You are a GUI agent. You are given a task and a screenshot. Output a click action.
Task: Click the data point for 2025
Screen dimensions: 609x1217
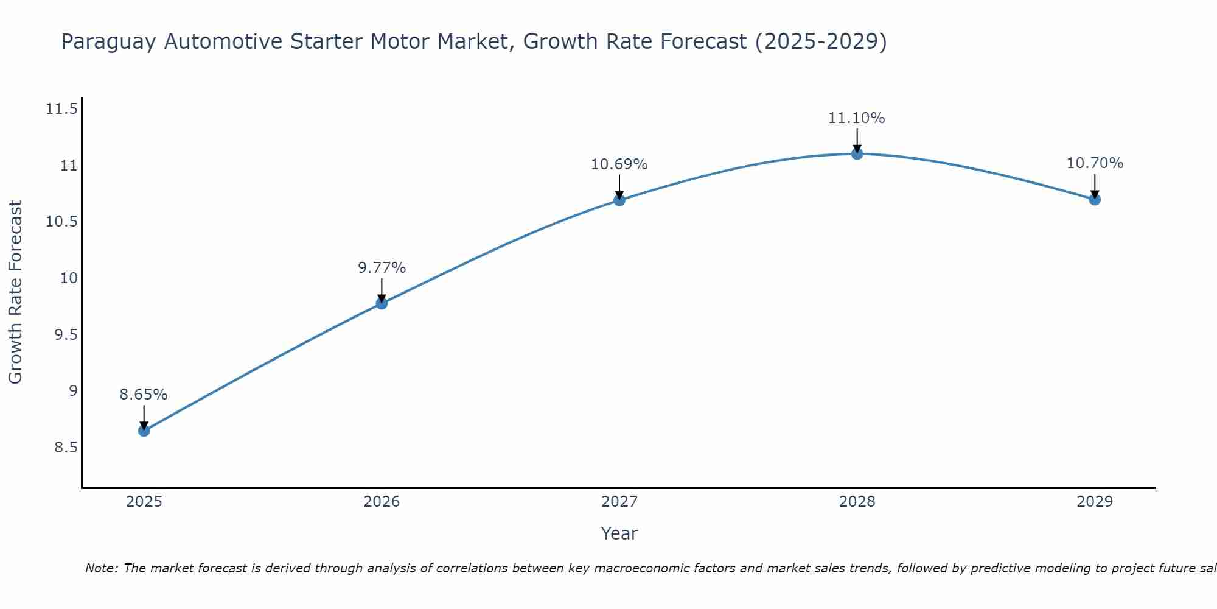(x=144, y=431)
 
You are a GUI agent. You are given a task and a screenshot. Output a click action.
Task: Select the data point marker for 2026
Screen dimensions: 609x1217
(x=382, y=303)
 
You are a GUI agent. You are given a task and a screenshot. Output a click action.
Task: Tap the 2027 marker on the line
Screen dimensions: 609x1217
(x=619, y=200)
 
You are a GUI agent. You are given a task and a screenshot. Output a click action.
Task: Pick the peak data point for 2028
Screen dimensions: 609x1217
(x=857, y=153)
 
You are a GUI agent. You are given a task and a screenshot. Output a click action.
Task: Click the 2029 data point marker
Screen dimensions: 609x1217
(x=1095, y=199)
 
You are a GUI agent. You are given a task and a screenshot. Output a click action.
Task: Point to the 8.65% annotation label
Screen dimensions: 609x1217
(x=144, y=395)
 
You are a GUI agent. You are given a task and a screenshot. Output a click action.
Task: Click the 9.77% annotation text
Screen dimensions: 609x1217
(x=382, y=268)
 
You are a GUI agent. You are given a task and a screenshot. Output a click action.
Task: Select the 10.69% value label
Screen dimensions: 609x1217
(x=619, y=164)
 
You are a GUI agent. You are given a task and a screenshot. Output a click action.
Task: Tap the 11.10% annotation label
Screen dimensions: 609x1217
(x=857, y=118)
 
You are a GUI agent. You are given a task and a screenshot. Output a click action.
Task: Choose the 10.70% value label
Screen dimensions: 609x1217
(x=1095, y=163)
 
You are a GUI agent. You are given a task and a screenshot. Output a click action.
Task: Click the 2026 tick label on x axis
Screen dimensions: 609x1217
(x=382, y=502)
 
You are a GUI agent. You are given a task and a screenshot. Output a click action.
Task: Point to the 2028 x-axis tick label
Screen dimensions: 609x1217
(x=857, y=502)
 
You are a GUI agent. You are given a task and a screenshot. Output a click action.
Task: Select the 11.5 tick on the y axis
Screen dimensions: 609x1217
(x=61, y=110)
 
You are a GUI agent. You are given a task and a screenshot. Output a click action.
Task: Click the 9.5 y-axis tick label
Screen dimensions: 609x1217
(x=66, y=335)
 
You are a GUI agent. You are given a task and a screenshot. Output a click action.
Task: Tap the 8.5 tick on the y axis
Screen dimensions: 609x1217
(x=66, y=448)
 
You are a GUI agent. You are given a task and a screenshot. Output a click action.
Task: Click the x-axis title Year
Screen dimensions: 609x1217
(x=619, y=533)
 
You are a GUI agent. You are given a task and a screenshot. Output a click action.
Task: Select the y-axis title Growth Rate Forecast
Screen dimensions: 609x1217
(x=15, y=292)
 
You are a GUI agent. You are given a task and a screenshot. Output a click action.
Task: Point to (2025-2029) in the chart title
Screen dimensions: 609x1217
(x=821, y=41)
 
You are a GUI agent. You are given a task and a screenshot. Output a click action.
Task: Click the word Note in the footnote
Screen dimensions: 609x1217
(x=101, y=568)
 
